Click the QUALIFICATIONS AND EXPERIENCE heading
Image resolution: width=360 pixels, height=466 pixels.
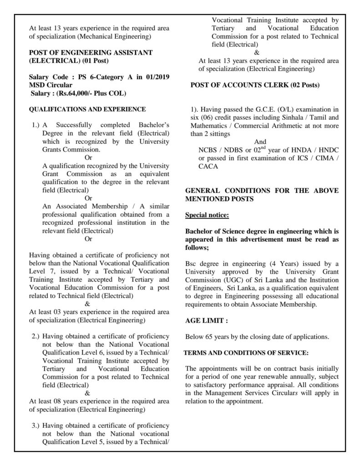[87, 109]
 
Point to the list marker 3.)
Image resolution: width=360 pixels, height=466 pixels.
[36, 425]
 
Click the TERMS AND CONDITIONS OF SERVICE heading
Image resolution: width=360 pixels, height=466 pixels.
[246, 353]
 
